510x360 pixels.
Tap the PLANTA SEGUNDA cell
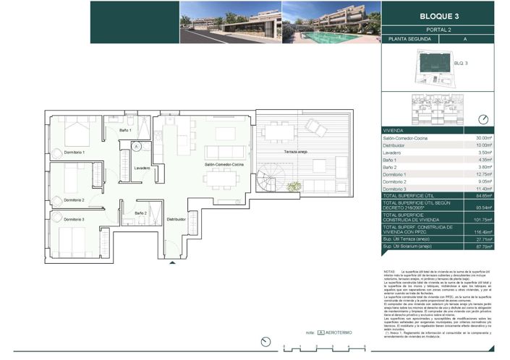click(x=408, y=39)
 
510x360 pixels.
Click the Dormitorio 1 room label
click(x=74, y=153)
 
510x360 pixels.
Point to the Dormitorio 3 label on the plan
click(x=74, y=219)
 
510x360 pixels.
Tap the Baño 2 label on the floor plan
click(x=141, y=213)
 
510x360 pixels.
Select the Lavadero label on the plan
click(x=142, y=168)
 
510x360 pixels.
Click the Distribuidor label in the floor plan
click(x=177, y=218)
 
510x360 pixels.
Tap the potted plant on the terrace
click(x=294, y=187)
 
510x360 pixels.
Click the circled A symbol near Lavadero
click(x=135, y=147)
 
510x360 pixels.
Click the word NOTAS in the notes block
click(x=389, y=272)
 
